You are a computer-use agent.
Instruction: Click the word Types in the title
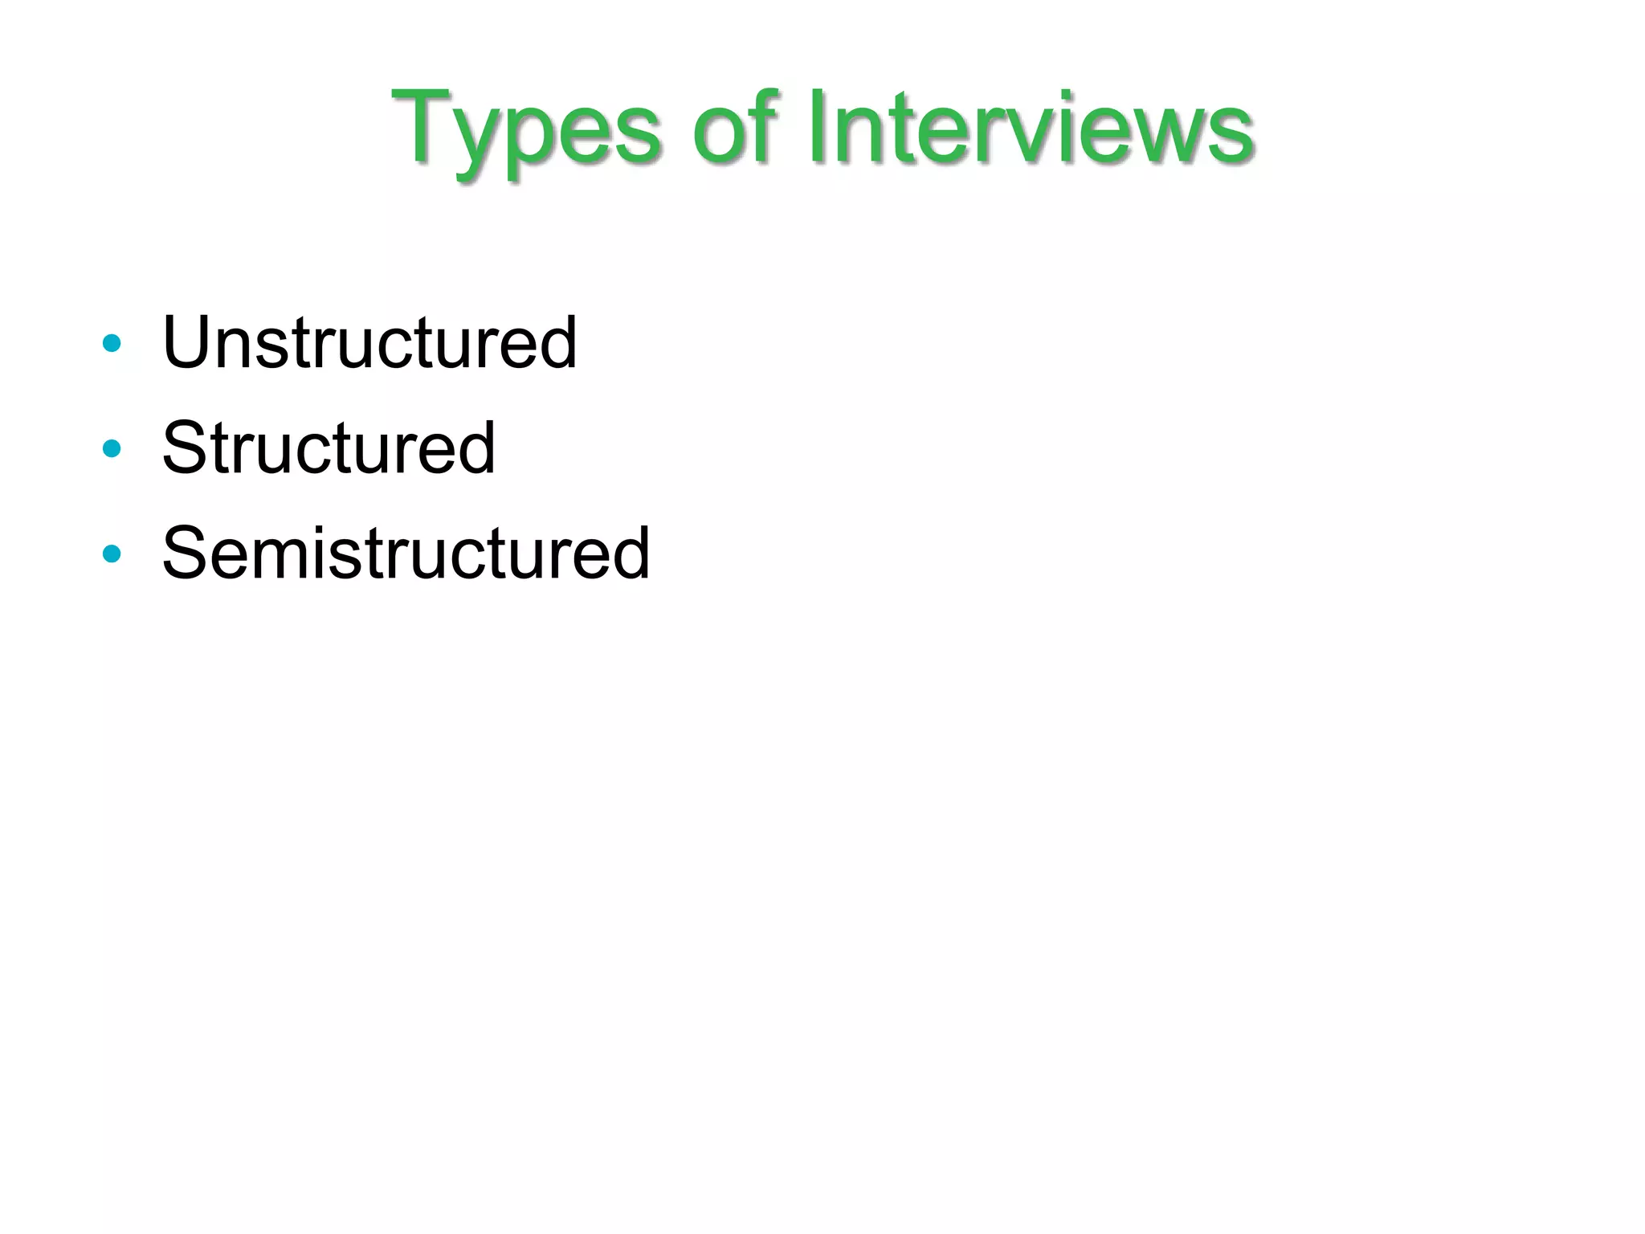coord(526,129)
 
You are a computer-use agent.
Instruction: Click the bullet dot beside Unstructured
coord(112,344)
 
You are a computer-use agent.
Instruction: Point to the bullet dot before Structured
coord(112,448)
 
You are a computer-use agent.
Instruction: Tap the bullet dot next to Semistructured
coord(112,554)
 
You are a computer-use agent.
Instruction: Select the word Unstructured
coord(369,343)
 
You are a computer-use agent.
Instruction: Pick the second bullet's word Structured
coord(329,447)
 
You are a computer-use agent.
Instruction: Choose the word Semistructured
coord(406,553)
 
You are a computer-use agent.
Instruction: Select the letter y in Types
coord(480,141)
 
